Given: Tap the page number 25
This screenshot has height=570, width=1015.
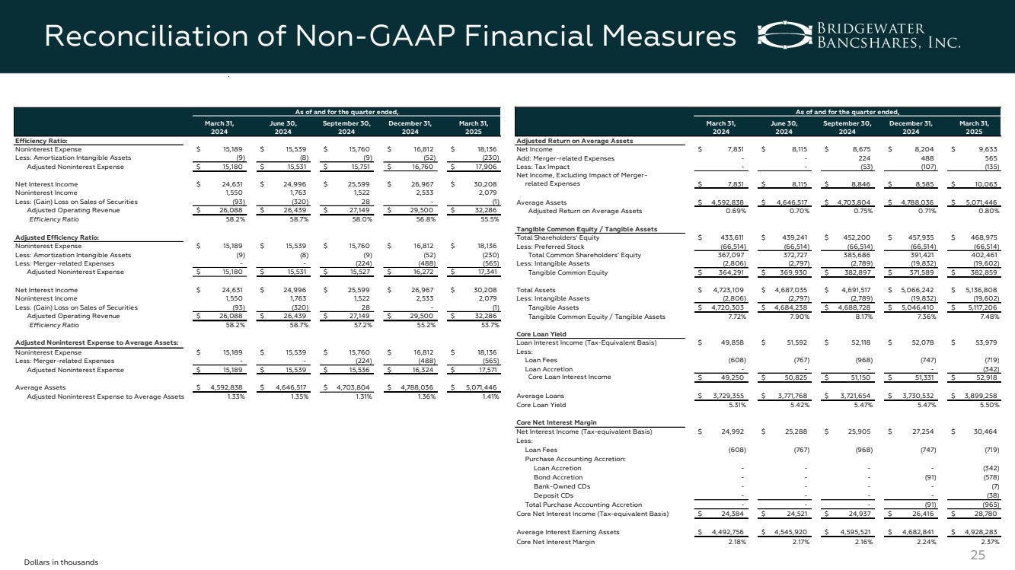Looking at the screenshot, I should coord(978,555).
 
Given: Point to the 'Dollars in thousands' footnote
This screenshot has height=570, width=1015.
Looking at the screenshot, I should coord(61,562).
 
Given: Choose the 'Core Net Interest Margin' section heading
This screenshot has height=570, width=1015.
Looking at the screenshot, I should coord(556,422).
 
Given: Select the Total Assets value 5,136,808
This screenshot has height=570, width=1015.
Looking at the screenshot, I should coord(978,290).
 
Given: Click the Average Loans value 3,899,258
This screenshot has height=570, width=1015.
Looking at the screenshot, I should coord(978,396).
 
